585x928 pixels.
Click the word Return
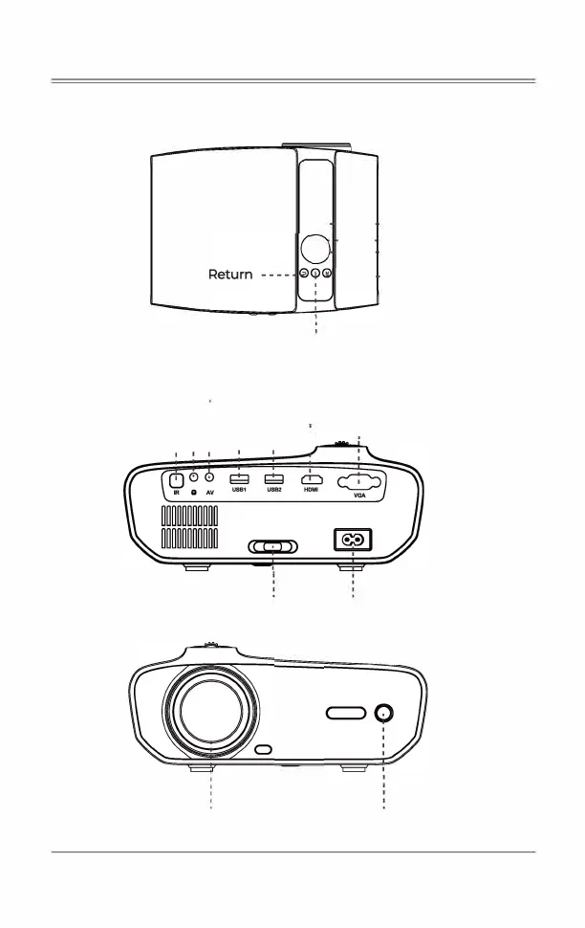(x=230, y=275)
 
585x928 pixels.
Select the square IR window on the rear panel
(x=176, y=480)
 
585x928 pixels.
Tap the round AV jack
(x=209, y=477)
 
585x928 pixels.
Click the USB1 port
(x=239, y=478)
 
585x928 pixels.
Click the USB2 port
(x=273, y=478)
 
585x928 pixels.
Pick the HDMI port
(x=311, y=479)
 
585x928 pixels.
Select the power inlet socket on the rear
(x=352, y=541)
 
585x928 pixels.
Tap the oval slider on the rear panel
(x=272, y=546)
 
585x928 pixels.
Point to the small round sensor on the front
(x=384, y=713)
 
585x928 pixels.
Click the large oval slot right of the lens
(x=345, y=714)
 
